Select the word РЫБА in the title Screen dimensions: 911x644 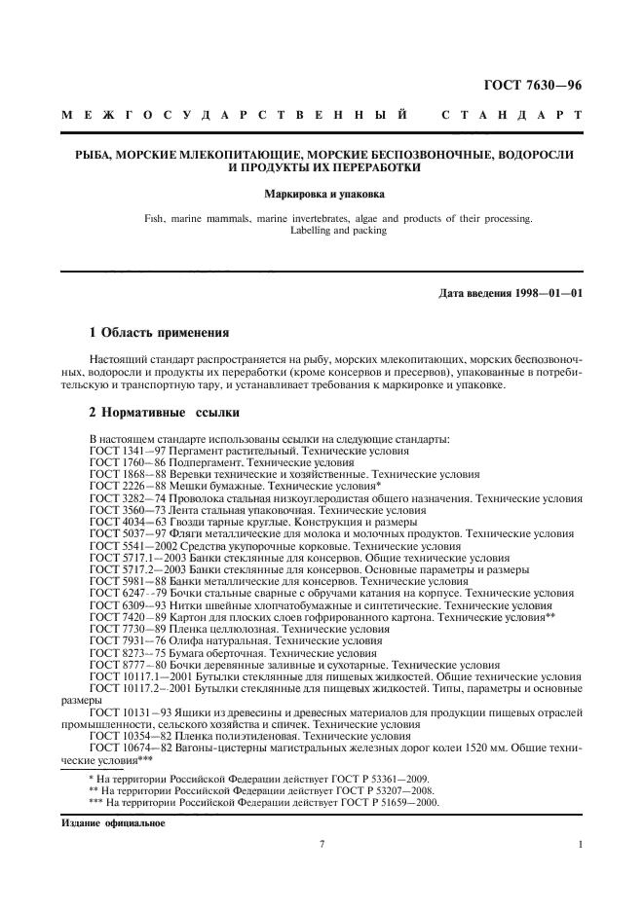click(85, 155)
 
